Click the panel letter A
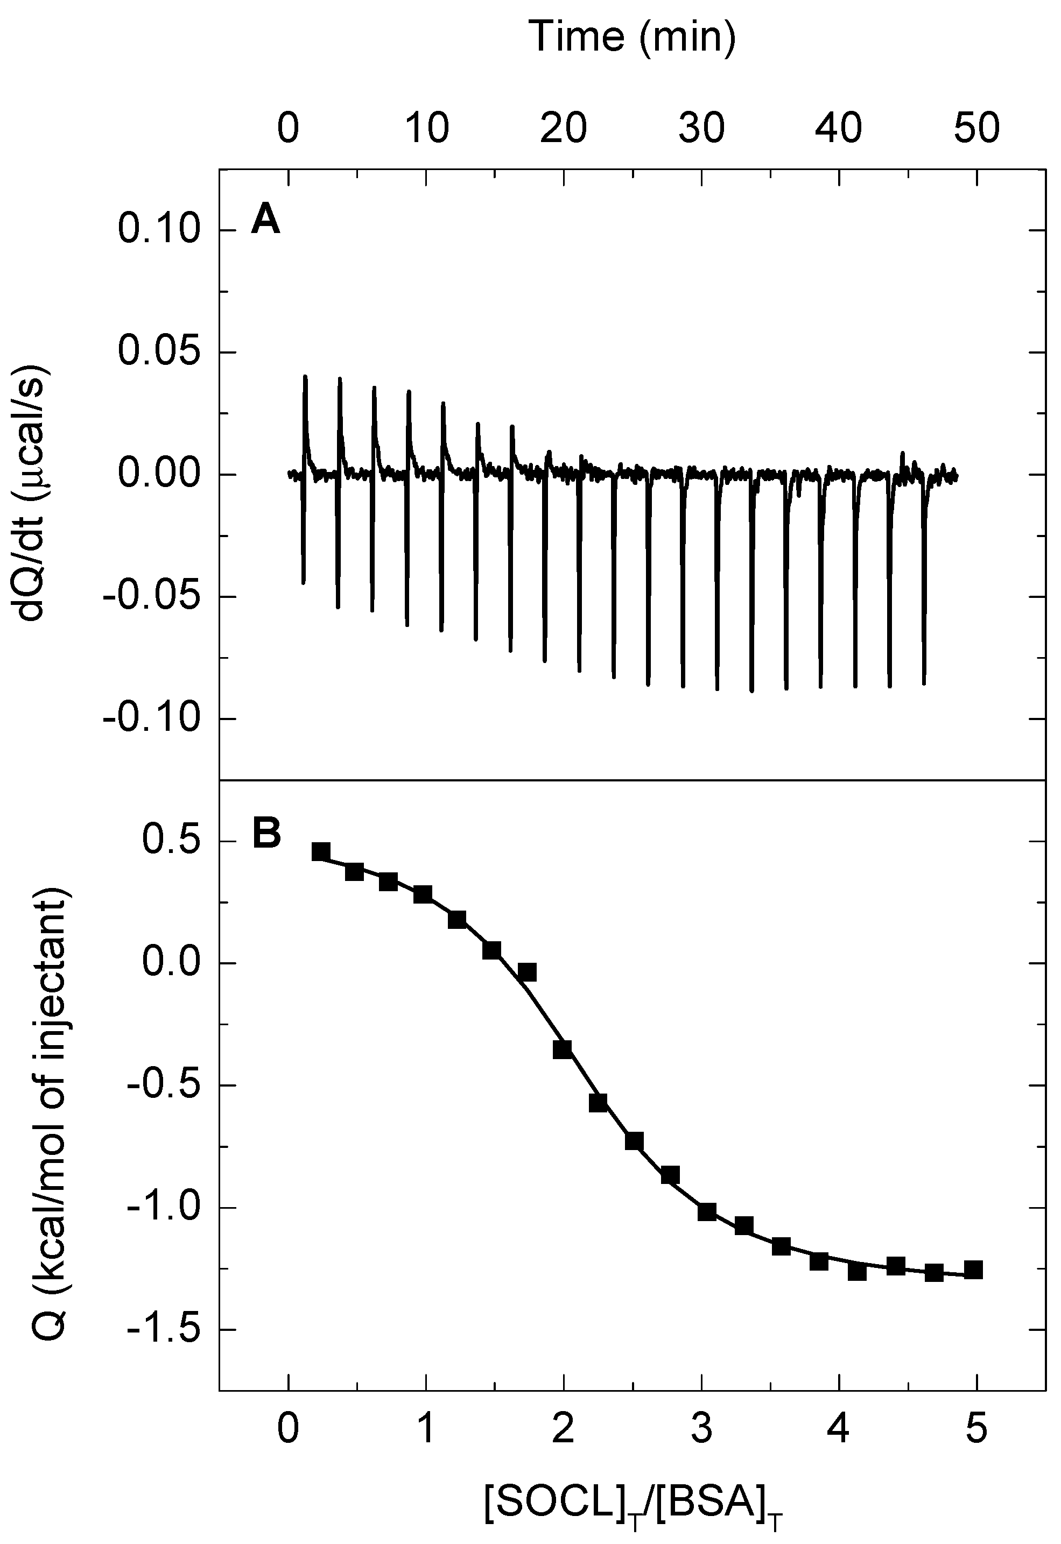tap(265, 221)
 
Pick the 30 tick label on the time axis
tap(701, 128)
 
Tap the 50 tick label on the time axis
tap(976, 128)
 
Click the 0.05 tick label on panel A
tap(158, 352)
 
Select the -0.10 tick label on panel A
tap(150, 719)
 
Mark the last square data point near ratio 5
tap(973, 1270)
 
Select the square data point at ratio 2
tap(563, 1049)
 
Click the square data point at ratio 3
tap(707, 1211)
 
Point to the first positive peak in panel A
tap(305, 378)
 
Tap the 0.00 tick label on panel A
tap(158, 475)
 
